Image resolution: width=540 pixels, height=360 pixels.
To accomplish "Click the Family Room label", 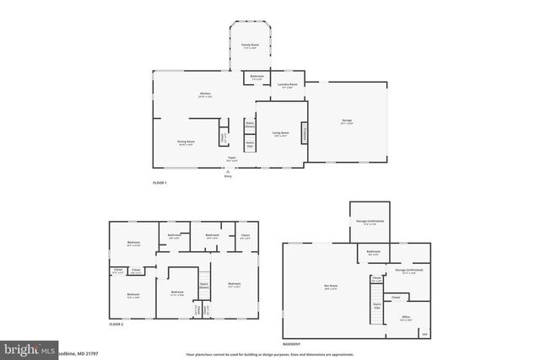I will (x=250, y=45).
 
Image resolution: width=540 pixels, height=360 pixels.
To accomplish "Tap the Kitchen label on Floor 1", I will (x=204, y=94).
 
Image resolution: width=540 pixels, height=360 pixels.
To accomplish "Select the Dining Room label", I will (x=186, y=142).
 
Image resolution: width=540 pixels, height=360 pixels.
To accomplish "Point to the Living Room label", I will (x=280, y=133).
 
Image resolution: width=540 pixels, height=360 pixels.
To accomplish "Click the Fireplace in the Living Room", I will (x=305, y=133).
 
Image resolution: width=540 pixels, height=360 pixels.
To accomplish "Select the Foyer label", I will (x=231, y=158).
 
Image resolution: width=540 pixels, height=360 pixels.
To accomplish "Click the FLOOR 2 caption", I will (x=116, y=325).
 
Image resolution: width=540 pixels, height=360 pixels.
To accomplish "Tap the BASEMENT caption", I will (x=291, y=345).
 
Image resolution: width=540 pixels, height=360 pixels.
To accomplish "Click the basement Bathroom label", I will (x=373, y=252).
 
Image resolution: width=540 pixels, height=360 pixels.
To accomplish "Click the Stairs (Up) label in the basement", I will (x=376, y=304).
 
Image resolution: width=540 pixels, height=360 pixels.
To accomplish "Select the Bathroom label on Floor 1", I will (x=256, y=78).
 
